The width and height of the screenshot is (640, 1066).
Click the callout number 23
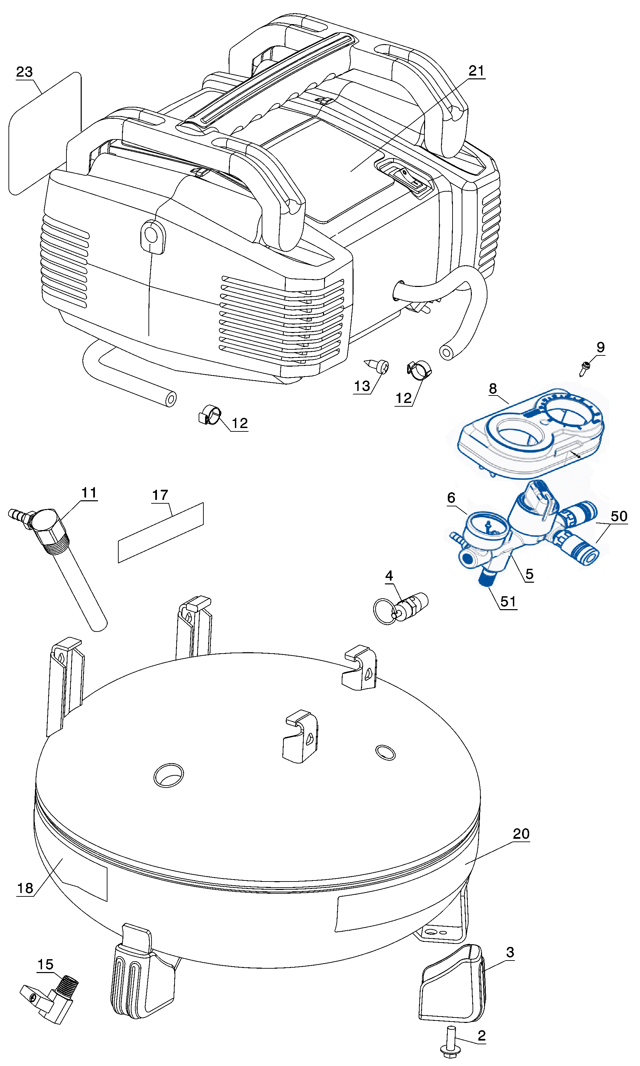tap(24, 72)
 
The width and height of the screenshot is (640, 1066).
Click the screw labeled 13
tap(380, 366)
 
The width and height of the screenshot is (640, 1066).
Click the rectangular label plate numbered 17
tap(160, 533)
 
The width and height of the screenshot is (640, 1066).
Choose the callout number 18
tap(25, 888)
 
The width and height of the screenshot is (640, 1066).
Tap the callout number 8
tap(493, 389)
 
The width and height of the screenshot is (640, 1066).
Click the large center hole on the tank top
tap(168, 775)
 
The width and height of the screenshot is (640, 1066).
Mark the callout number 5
tap(529, 574)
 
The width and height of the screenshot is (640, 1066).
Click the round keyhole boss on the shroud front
tap(152, 235)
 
